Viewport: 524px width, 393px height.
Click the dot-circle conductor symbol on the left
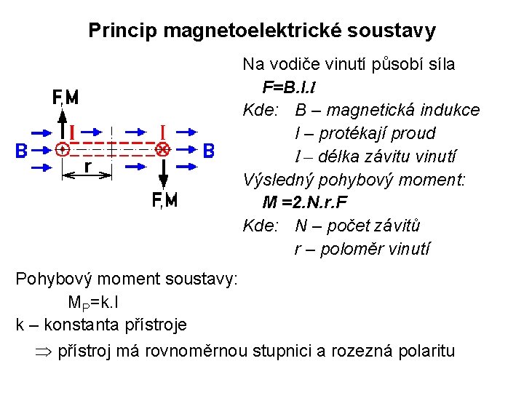click(63, 151)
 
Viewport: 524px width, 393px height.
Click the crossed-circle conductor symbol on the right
click(162, 151)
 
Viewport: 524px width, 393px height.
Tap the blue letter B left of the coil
click(22, 151)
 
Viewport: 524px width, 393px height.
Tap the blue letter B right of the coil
click(209, 151)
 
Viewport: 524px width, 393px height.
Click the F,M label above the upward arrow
click(65, 98)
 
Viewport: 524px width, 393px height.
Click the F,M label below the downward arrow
click(164, 201)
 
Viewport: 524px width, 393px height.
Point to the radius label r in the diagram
click(87, 167)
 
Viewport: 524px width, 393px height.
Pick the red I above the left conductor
click(72, 132)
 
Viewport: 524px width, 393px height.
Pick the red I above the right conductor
click(163, 131)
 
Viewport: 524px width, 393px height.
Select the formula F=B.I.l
click(289, 87)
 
